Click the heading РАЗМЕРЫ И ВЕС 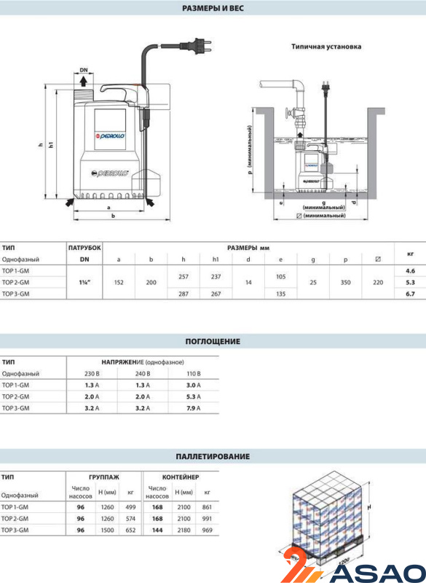(213, 8)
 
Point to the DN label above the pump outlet (84, 70)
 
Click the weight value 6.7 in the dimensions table (410, 294)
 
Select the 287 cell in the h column (184, 294)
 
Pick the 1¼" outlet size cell (84, 282)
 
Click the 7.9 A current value (194, 408)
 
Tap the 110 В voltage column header (194, 374)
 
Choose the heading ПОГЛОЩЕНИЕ (213, 341)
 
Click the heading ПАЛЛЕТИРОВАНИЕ (213, 456)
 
